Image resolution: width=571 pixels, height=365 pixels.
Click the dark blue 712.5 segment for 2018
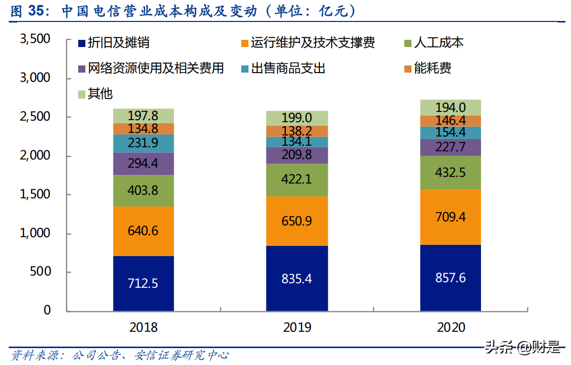(x=144, y=283)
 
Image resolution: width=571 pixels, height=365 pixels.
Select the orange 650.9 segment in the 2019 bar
(x=297, y=221)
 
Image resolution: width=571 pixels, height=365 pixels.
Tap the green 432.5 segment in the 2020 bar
(x=450, y=173)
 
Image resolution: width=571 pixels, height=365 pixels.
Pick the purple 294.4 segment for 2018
(x=144, y=164)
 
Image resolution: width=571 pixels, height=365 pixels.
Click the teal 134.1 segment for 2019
(x=297, y=142)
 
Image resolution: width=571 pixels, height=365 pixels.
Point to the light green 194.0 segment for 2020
(x=450, y=107)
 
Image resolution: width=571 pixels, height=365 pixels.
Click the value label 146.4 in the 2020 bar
(x=450, y=121)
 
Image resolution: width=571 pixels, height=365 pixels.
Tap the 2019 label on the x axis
(x=297, y=327)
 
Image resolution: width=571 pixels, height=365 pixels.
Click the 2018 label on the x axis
(x=144, y=327)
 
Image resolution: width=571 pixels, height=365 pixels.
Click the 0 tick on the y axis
(x=47, y=310)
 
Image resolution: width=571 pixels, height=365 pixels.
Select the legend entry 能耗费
(x=432, y=68)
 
